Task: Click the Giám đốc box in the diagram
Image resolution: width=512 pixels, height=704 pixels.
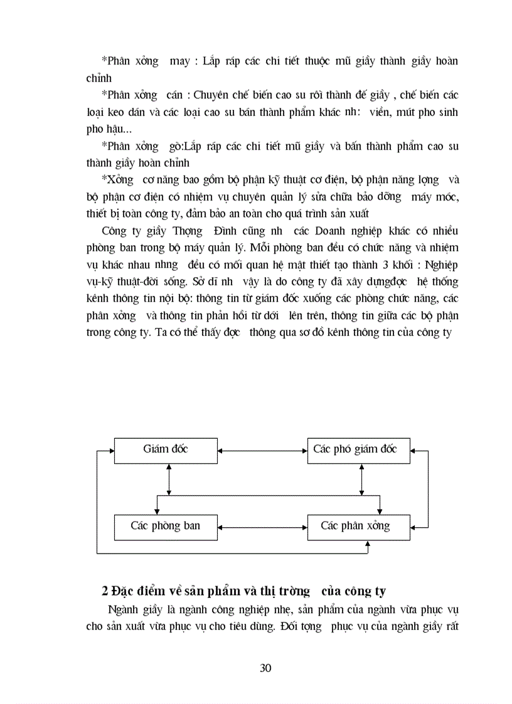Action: point(166,449)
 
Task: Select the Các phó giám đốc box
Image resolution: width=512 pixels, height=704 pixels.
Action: point(358,449)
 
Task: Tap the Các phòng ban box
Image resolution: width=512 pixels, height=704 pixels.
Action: point(166,525)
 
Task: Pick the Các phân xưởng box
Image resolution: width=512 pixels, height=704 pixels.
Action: point(358,525)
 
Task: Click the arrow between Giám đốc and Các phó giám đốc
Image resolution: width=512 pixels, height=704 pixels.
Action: point(262,449)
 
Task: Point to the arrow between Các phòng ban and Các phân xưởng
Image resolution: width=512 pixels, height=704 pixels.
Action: point(262,525)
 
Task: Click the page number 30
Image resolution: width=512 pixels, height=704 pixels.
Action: point(265,668)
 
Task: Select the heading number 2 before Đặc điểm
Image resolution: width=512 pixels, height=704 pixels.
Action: point(105,591)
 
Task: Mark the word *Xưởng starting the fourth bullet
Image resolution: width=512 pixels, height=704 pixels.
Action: point(119,180)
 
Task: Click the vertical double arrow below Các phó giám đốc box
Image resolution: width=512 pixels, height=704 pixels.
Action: point(361,480)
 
